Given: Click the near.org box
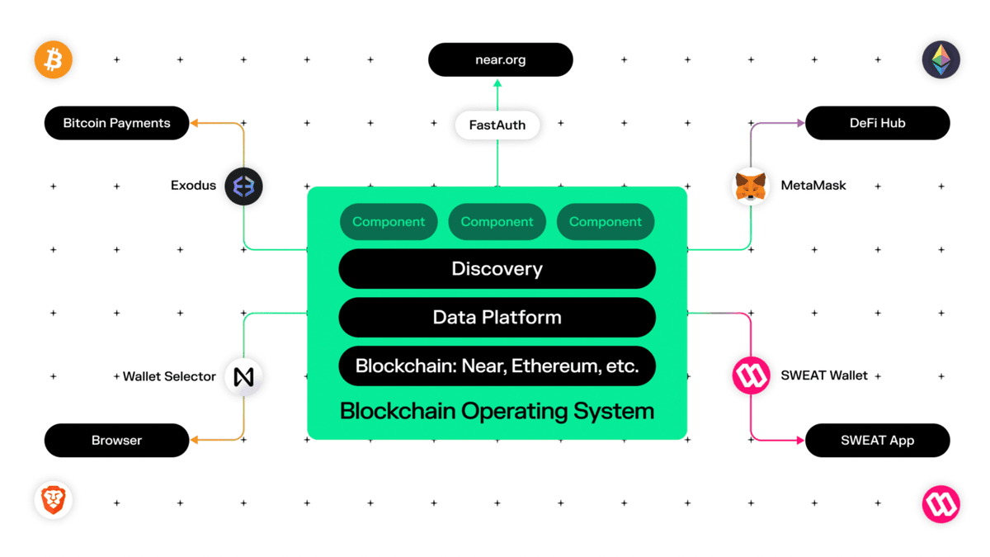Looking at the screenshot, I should (x=500, y=59).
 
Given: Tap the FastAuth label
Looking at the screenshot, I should (x=497, y=125).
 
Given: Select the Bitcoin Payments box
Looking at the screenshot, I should (x=116, y=123).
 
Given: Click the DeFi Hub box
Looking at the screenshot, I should (x=877, y=123).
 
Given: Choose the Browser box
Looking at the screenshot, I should (x=116, y=440).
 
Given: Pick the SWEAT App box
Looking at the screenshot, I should (x=877, y=440).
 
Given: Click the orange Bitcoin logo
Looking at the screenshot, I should (x=54, y=60).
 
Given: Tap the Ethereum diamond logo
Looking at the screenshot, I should (x=940, y=60).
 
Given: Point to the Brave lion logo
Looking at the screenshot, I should (x=54, y=500).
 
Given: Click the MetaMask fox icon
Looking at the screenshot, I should (x=751, y=186).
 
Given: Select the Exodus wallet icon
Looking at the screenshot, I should (x=243, y=186).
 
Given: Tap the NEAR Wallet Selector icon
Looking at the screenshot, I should (x=243, y=376).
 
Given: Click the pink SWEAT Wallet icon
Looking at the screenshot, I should (x=751, y=376).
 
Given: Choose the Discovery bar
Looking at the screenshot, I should (x=497, y=269).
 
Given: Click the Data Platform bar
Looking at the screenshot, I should (x=497, y=318).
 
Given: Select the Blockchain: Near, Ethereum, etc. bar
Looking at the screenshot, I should (x=497, y=366).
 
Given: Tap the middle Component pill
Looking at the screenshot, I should (x=497, y=222).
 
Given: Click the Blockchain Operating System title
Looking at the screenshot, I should (x=497, y=411).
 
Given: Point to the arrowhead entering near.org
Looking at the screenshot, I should (x=497, y=83).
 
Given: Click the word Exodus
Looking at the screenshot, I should (x=193, y=186).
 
